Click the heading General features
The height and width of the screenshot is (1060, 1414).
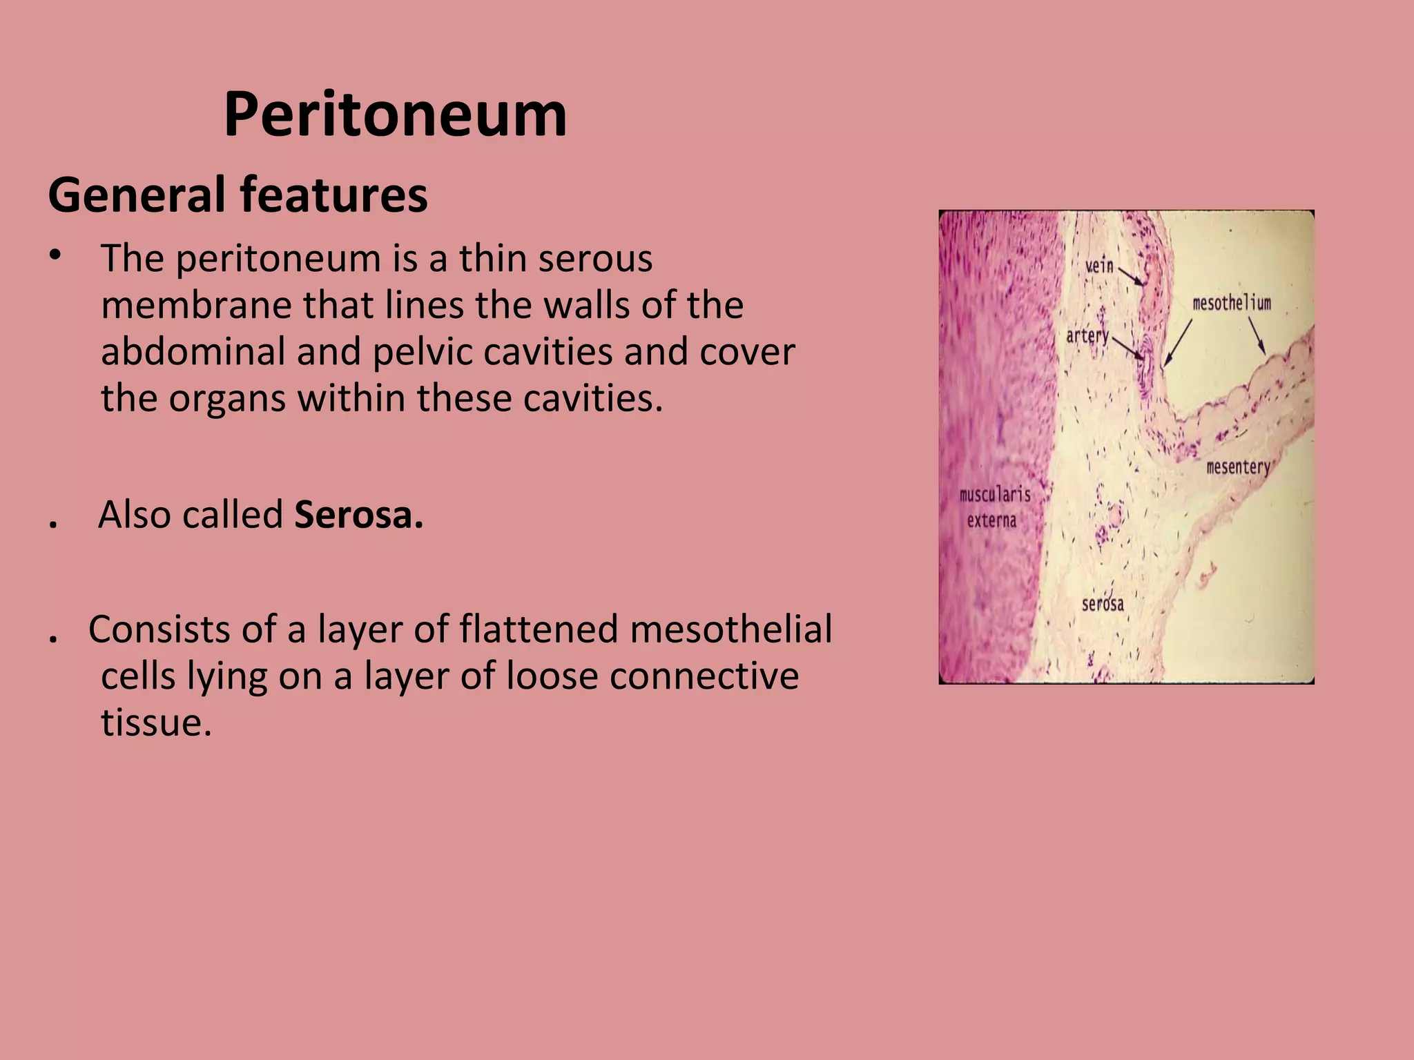click(238, 195)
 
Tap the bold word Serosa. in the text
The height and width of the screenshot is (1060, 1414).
click(358, 515)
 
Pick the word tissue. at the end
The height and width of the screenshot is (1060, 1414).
click(156, 723)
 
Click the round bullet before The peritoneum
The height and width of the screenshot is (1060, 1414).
click(56, 255)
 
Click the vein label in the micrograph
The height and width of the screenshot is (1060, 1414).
click(1099, 266)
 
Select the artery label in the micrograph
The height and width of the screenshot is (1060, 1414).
click(1087, 336)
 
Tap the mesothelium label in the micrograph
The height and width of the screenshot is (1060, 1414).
click(1232, 303)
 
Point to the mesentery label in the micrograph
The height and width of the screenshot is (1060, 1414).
click(1238, 467)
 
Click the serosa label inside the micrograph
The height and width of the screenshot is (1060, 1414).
click(1103, 605)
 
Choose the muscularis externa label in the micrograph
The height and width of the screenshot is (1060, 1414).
click(994, 507)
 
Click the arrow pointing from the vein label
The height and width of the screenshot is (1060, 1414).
click(1131, 277)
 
